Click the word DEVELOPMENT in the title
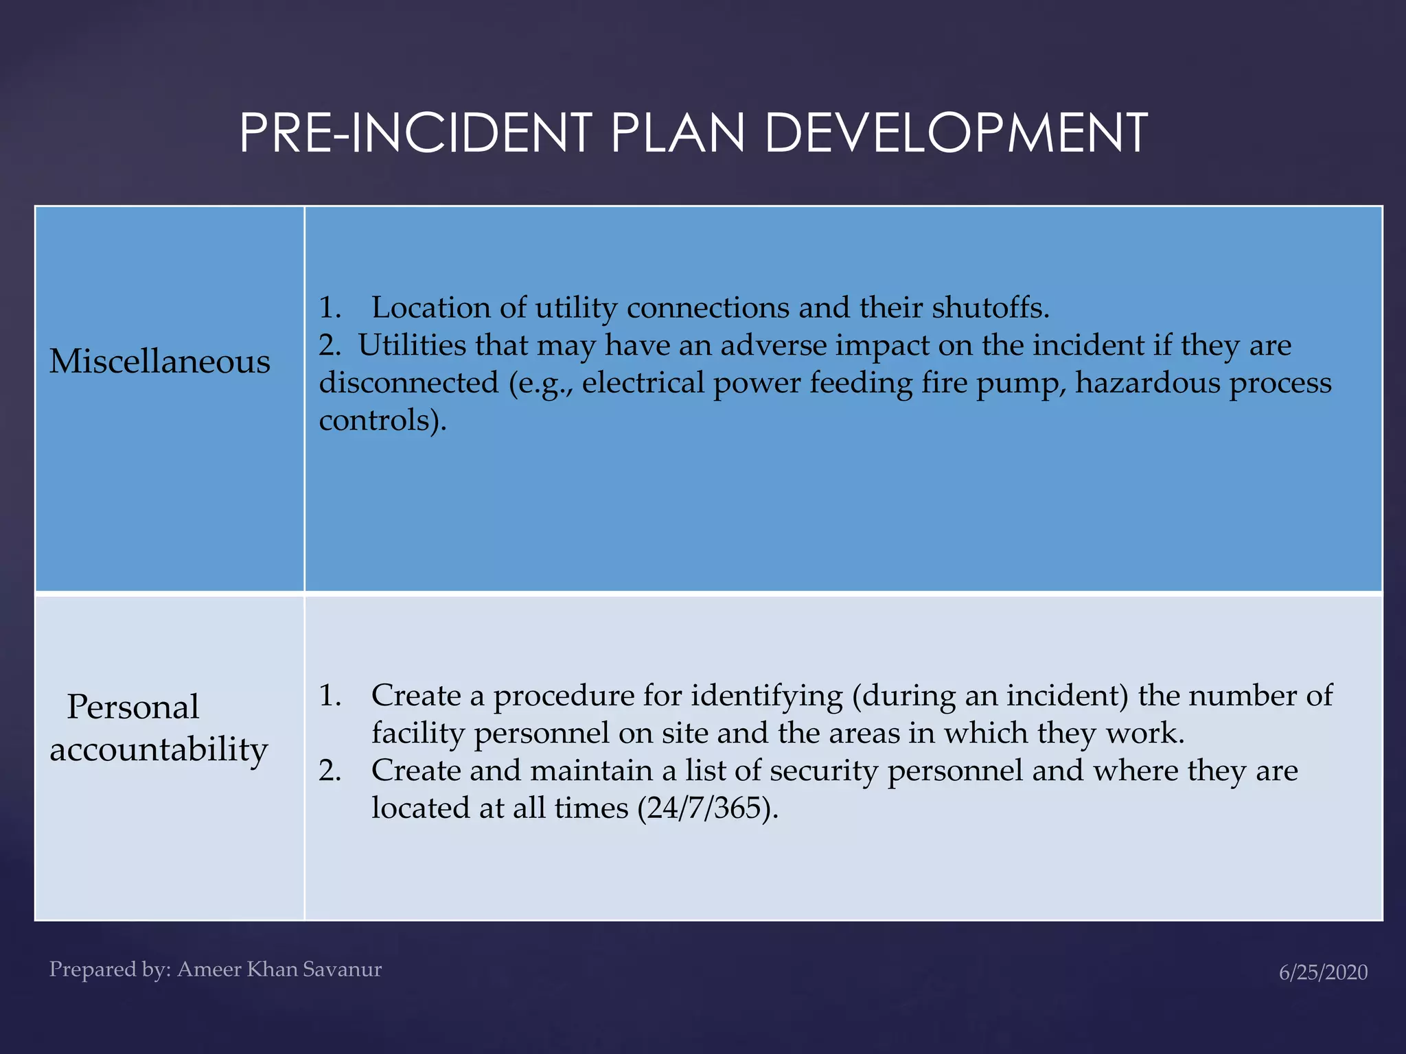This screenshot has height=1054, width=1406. (x=955, y=133)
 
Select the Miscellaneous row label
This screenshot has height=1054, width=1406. (x=160, y=362)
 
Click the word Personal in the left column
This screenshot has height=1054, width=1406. (x=133, y=707)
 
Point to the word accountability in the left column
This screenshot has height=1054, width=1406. (x=159, y=749)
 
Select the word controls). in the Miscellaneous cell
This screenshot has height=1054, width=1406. (x=382, y=420)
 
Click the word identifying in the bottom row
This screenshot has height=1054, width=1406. (x=767, y=696)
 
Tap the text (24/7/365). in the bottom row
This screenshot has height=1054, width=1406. (x=708, y=808)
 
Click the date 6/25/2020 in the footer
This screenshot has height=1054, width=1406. (x=1323, y=972)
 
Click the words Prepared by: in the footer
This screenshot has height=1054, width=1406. (x=110, y=970)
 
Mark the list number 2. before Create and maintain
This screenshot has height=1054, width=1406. (x=330, y=771)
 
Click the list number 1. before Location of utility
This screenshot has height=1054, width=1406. (x=330, y=307)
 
